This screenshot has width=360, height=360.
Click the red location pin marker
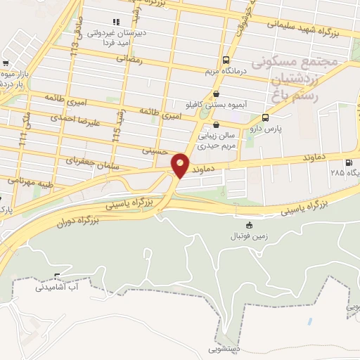[181, 165]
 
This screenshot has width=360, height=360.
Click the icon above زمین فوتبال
[249, 225]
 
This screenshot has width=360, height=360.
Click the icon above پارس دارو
[265, 118]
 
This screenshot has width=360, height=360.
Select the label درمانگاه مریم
[225, 72]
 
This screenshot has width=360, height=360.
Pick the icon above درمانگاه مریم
[225, 60]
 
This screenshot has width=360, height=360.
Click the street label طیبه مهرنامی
[27, 180]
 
